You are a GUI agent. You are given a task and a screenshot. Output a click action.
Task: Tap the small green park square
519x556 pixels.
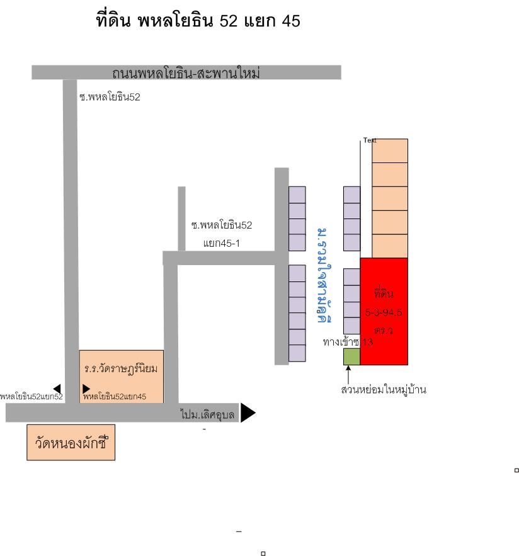tap(351, 356)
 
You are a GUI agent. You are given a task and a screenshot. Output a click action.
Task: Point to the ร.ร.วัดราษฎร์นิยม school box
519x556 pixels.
tap(120, 368)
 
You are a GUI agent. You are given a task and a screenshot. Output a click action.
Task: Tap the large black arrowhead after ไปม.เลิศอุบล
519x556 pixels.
tap(248, 412)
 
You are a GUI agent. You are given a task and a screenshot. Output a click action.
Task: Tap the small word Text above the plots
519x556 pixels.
tap(370, 141)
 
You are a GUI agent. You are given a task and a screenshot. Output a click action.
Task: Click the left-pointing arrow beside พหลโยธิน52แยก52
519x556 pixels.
tap(57, 388)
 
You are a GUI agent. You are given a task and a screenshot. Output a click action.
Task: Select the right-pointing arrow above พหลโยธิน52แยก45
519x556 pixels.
tap(86, 389)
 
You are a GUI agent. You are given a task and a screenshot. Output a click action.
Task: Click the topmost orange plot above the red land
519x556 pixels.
tap(390, 150)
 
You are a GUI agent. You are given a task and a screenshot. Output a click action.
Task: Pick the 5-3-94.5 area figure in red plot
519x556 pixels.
tap(384, 311)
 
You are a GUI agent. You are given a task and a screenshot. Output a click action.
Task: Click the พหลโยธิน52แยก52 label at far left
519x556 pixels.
tap(31, 397)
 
